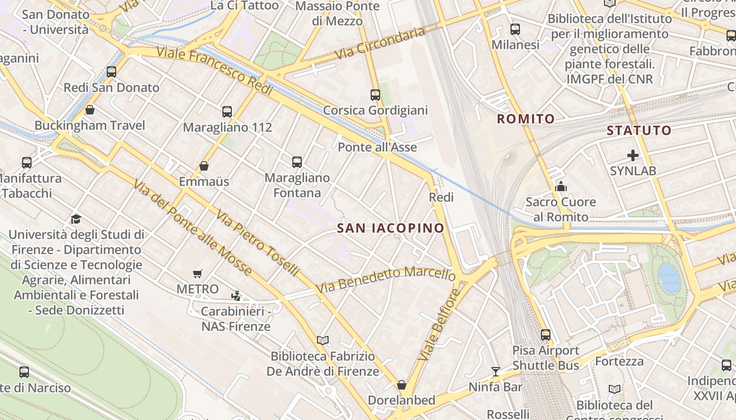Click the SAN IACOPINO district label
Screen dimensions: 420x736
point(391,228)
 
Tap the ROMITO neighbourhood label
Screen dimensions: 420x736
point(526,119)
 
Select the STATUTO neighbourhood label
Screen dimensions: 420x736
point(639,130)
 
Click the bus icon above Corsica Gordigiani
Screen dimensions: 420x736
point(375,95)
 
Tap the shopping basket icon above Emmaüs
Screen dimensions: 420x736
point(204,166)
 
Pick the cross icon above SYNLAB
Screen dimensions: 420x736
point(633,155)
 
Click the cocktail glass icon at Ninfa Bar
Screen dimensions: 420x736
point(495,372)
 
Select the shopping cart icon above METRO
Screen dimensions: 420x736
point(197,274)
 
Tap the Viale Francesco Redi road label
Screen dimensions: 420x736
point(214,71)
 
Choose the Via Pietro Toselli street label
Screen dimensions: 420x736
point(257,244)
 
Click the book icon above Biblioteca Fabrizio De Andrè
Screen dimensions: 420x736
point(323,341)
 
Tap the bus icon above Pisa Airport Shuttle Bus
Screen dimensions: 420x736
point(546,334)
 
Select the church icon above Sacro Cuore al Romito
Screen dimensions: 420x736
point(560,186)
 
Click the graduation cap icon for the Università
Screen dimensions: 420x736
point(76,219)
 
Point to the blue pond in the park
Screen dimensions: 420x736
point(669,279)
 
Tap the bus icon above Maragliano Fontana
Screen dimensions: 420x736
point(297,162)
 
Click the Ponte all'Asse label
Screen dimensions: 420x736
point(377,147)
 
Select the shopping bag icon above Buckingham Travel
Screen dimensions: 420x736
point(90,110)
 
